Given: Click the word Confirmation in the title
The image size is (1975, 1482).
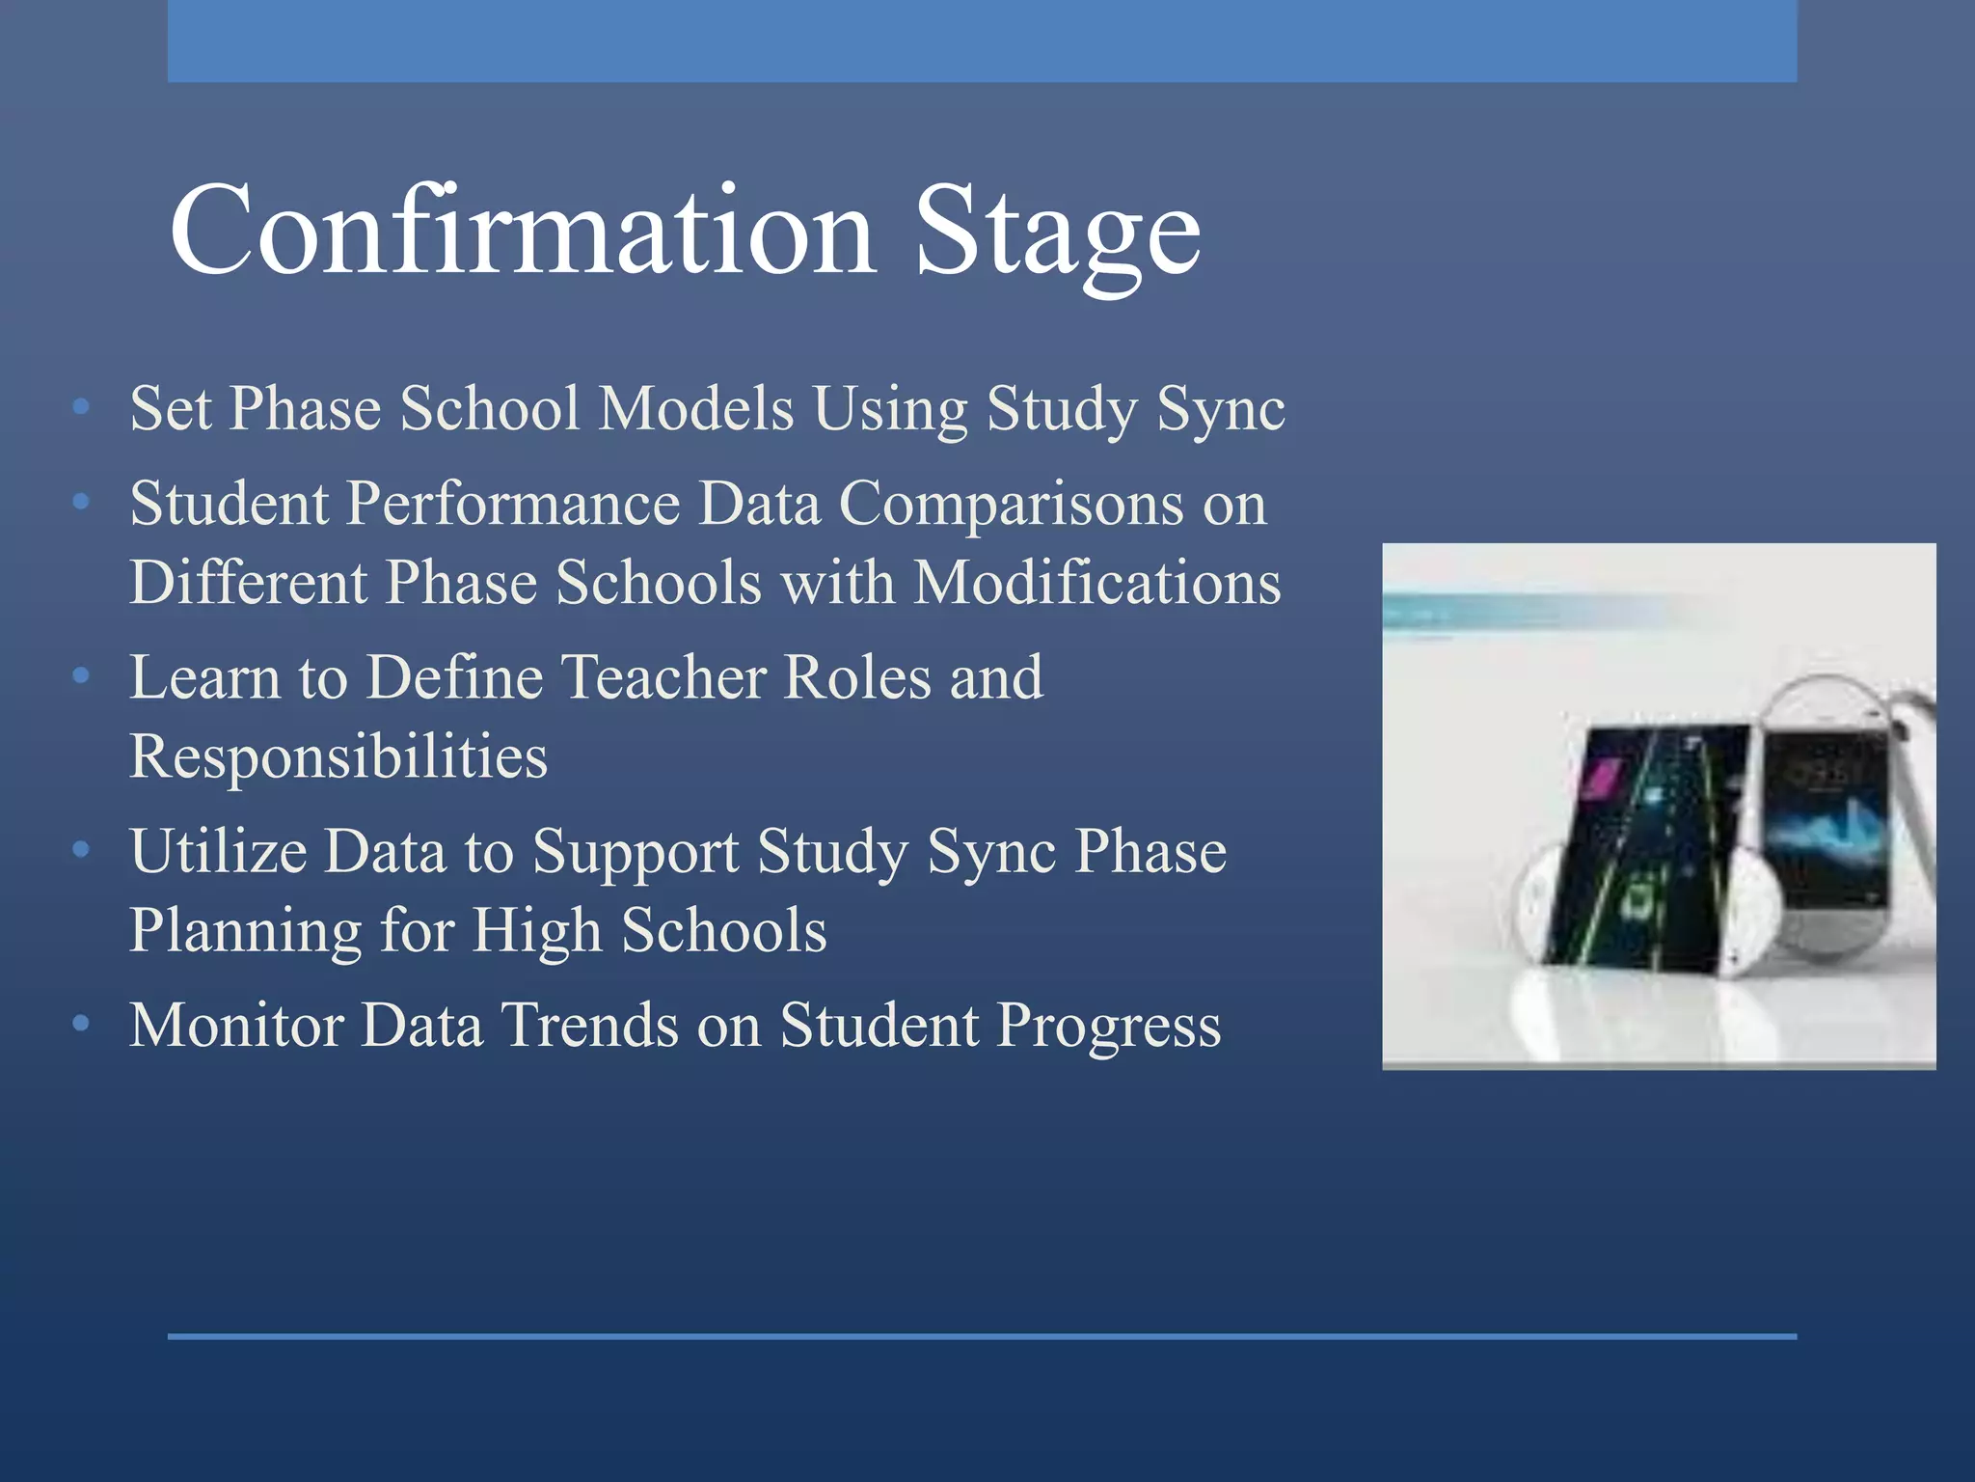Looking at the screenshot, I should point(522,232).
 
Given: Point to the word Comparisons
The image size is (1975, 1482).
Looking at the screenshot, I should point(1011,504).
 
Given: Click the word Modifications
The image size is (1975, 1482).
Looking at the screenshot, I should point(1097,583).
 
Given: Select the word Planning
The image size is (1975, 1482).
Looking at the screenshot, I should point(245,930).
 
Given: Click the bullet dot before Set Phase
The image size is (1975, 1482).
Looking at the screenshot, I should point(81,407).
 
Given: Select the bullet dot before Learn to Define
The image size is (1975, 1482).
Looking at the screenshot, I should point(81,675).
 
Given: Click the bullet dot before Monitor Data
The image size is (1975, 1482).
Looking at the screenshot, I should point(81,1023).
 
